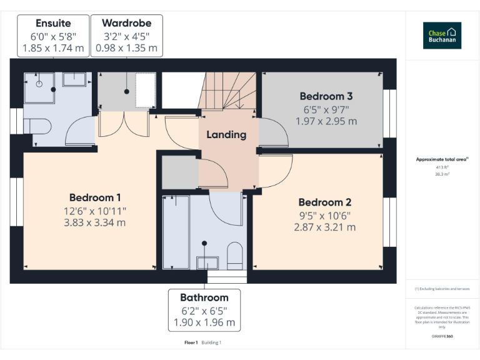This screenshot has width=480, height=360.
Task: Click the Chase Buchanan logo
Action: coord(442,36)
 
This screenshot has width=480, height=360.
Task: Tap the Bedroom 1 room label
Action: coord(95,197)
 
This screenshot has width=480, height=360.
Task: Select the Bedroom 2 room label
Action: coord(324,202)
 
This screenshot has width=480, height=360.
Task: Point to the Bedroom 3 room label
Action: coord(326,96)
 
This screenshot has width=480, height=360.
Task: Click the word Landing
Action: coord(226,134)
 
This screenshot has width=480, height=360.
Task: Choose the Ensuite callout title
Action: coord(53,23)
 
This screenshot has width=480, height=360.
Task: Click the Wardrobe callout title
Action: coord(126,23)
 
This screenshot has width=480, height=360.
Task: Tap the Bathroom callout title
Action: coord(204,297)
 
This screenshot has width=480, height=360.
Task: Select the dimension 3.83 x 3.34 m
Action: coord(95,222)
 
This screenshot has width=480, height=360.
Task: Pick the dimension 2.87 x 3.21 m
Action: coord(324,227)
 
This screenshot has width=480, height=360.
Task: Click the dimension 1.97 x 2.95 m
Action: coord(326,121)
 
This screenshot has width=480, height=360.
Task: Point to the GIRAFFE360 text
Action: coord(442,337)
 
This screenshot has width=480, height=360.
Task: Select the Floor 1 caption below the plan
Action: coord(191,342)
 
